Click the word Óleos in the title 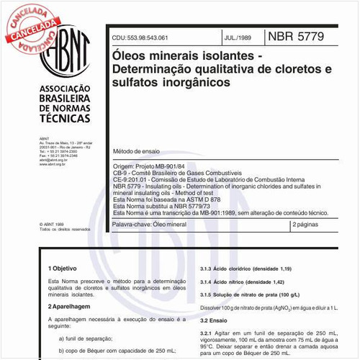click(131, 55)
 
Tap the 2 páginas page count click(310, 225)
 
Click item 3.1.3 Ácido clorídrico click(242, 266)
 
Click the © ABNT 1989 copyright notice click(53, 223)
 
